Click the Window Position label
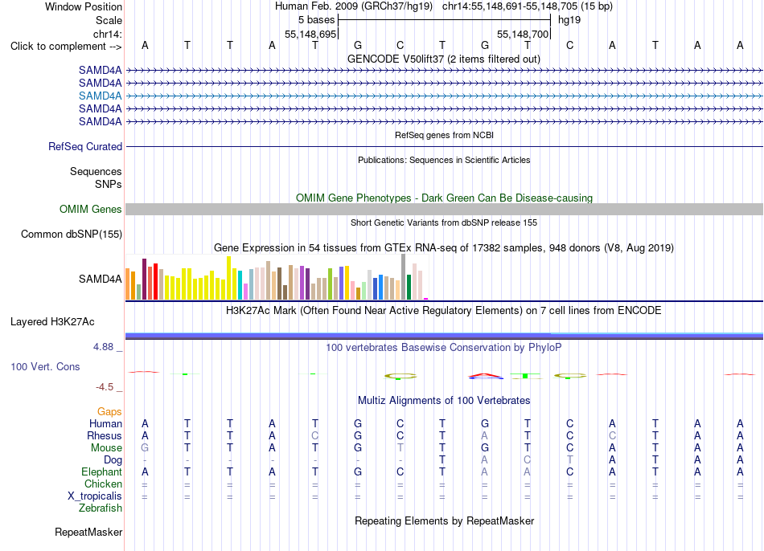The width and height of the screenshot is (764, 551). (x=84, y=6)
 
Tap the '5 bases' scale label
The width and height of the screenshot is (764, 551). (x=317, y=20)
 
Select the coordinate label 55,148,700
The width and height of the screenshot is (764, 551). (x=523, y=34)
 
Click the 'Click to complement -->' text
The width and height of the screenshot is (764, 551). (x=66, y=47)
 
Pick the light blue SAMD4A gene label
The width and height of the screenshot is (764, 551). (x=101, y=96)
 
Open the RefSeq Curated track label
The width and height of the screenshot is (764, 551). (x=85, y=146)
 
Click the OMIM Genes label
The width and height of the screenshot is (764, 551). (x=91, y=210)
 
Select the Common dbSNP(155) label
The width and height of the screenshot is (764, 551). (x=72, y=234)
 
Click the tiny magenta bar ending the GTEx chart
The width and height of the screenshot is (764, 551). (x=426, y=299)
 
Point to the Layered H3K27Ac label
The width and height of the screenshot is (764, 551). (x=52, y=322)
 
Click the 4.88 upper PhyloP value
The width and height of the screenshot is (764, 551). (x=103, y=347)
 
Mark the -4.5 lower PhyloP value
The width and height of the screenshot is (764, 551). (x=105, y=387)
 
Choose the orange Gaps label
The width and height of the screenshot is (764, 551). (x=109, y=412)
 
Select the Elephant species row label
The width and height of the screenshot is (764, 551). (x=102, y=472)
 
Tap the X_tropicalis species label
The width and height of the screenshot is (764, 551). (x=95, y=496)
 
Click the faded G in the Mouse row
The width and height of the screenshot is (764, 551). (x=145, y=448)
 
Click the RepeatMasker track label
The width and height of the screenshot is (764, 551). (x=88, y=532)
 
